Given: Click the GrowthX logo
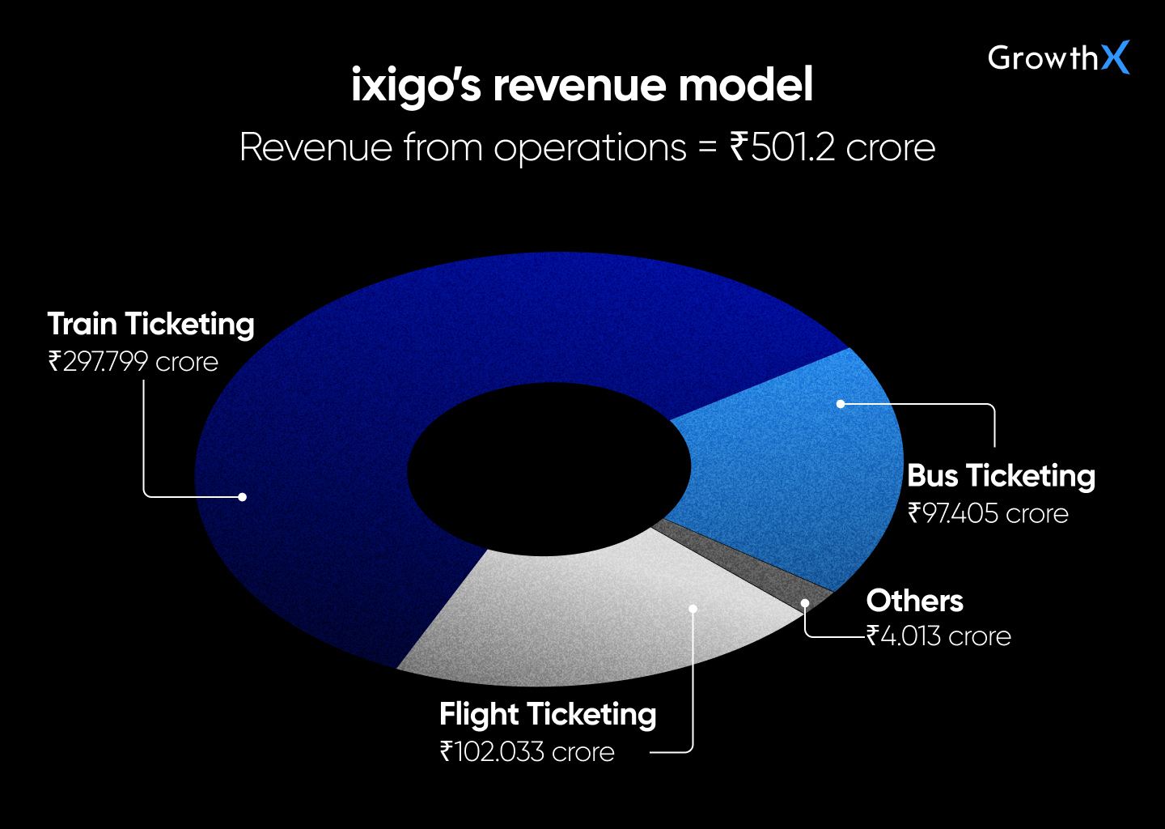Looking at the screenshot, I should click(1058, 57).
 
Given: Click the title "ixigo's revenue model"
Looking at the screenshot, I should click(582, 86).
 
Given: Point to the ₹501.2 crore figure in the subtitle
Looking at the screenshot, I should click(832, 147).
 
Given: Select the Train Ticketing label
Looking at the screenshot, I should click(150, 325).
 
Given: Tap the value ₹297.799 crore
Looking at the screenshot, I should click(133, 362).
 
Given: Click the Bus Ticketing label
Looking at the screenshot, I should click(1001, 476).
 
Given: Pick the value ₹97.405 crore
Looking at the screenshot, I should click(988, 513).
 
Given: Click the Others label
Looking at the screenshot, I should click(914, 601).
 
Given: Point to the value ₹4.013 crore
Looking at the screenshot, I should click(938, 636).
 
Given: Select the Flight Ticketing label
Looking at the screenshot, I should click(548, 715).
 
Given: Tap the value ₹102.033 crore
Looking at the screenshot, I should click(527, 752).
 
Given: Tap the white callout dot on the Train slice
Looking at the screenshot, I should click(242, 497).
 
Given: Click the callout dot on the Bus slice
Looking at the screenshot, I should click(841, 403).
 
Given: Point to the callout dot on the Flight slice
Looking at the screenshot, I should click(693, 608).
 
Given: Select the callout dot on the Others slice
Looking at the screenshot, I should click(805, 603).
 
